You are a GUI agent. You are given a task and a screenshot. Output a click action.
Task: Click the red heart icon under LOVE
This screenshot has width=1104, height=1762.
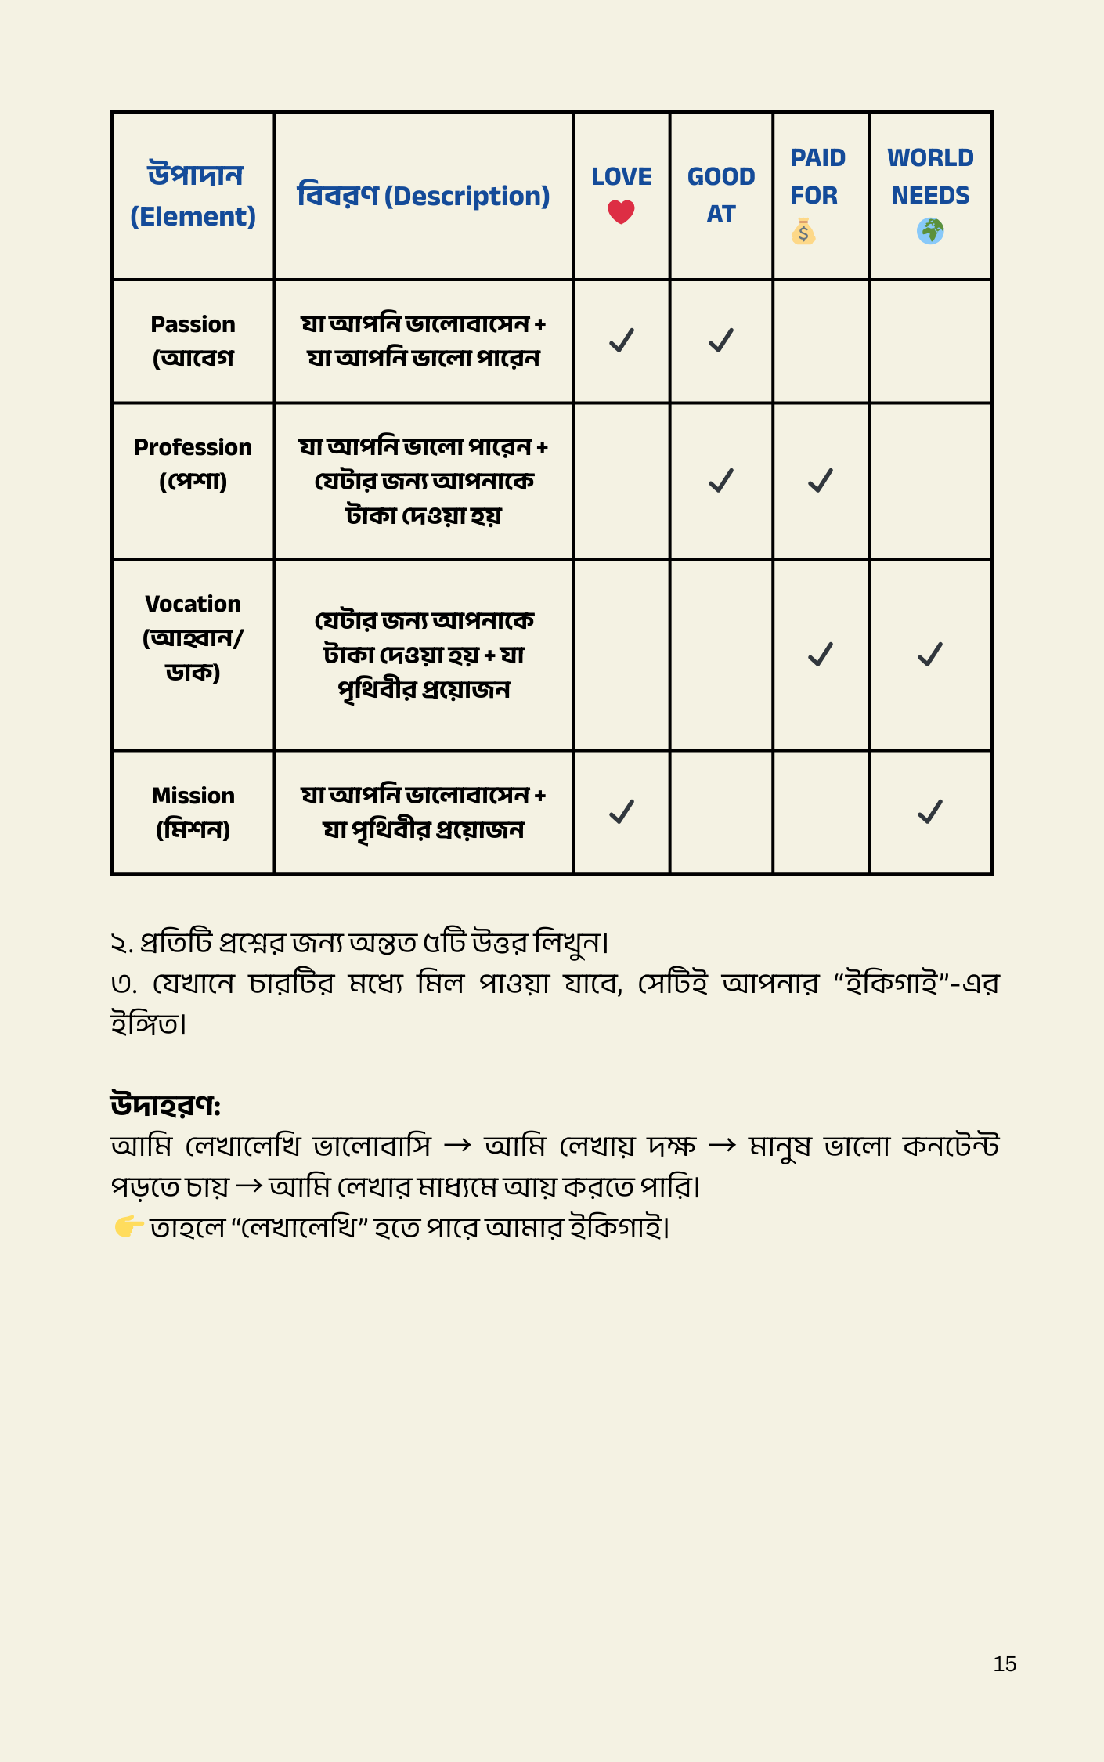[621, 211]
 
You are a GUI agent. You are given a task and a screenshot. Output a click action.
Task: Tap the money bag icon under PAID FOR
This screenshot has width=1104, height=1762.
[803, 232]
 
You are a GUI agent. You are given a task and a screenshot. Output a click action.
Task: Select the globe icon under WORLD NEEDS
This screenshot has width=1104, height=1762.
[930, 231]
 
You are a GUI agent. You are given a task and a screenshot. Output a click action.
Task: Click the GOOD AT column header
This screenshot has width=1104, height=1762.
[721, 195]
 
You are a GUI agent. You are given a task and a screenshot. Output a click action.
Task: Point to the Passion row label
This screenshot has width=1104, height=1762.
[193, 341]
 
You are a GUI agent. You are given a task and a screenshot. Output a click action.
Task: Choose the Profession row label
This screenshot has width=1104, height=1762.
[193, 464]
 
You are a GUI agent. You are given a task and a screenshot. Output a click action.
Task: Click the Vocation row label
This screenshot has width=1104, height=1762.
[193, 637]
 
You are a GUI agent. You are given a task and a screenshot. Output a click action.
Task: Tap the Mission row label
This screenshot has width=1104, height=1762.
[193, 812]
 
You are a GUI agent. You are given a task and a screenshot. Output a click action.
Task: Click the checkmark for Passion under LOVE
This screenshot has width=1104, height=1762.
[622, 340]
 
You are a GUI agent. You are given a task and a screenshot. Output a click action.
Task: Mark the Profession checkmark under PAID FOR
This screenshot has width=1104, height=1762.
[821, 480]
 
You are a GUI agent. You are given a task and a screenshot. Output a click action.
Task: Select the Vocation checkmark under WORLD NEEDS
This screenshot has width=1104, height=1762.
[930, 654]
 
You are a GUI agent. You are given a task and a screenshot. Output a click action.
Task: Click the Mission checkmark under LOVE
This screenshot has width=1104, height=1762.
[622, 811]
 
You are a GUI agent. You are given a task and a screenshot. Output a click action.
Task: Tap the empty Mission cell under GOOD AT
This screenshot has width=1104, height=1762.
[721, 812]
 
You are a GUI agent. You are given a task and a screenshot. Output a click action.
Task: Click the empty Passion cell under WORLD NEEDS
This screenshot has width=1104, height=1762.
[930, 341]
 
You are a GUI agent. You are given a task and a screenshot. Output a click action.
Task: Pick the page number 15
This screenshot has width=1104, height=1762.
[1005, 1664]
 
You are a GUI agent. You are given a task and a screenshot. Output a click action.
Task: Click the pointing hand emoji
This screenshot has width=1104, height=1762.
[128, 1226]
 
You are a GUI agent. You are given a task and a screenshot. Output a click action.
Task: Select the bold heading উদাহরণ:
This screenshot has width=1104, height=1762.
[165, 1105]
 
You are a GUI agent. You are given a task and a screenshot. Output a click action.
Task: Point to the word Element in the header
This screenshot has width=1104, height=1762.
[193, 217]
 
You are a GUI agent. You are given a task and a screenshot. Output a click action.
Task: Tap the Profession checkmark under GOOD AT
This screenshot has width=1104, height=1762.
[721, 480]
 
